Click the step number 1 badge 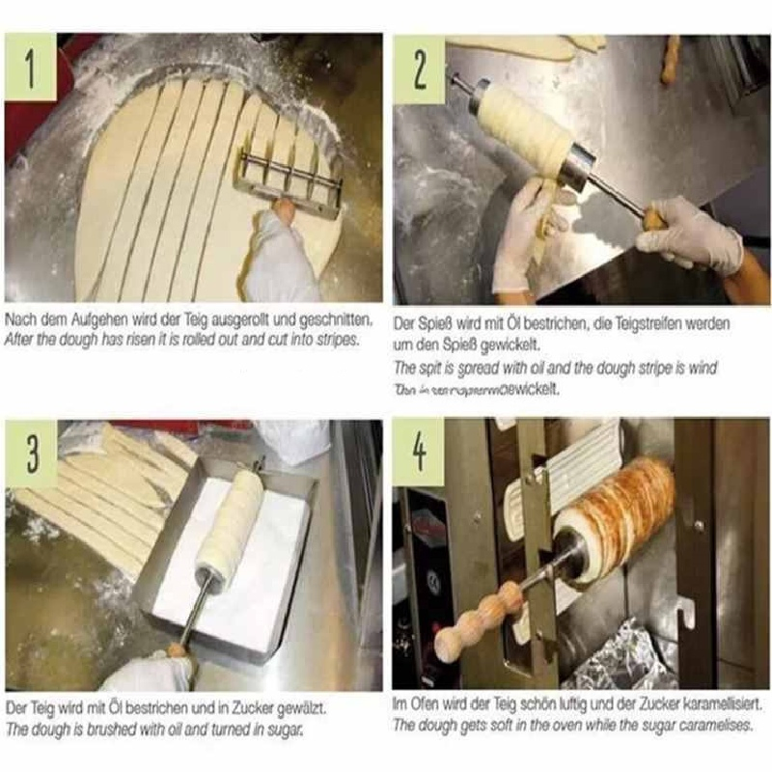click(36, 66)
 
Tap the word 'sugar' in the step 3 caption click(278, 730)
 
